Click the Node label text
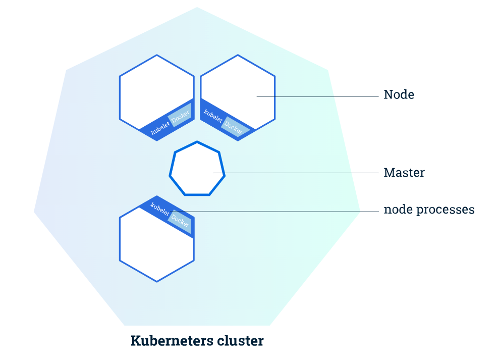(x=399, y=94)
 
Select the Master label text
(x=404, y=173)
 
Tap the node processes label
(x=429, y=210)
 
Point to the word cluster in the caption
(x=236, y=341)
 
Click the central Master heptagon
(x=197, y=169)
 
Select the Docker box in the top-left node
(x=180, y=115)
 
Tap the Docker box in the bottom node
(x=180, y=221)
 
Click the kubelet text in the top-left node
(x=160, y=127)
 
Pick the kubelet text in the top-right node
(x=213, y=116)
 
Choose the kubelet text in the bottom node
(x=160, y=209)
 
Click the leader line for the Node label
(x=317, y=96)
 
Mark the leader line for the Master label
(x=296, y=173)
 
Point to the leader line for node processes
(x=274, y=211)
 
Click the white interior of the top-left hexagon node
(x=155, y=92)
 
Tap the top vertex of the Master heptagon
(x=197, y=141)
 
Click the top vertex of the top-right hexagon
(x=238, y=55)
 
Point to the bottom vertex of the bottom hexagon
(x=157, y=281)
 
